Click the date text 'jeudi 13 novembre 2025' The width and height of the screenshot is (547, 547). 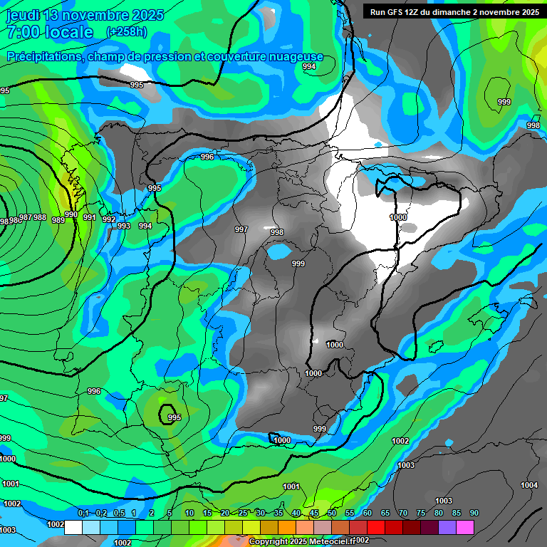[85, 15]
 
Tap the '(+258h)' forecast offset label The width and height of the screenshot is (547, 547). [126, 32]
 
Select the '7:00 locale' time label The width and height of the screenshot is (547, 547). [49, 32]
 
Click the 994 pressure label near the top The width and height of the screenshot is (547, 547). [309, 66]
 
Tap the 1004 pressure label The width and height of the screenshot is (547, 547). [529, 485]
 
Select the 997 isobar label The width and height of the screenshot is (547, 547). [241, 229]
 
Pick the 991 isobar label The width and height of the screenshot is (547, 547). [90, 217]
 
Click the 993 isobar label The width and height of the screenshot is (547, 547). [124, 226]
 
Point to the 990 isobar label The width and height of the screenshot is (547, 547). [71, 214]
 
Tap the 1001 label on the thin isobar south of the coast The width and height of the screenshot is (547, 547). [291, 486]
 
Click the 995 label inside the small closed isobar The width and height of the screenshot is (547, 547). [174, 417]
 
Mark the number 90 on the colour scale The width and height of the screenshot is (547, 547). [474, 514]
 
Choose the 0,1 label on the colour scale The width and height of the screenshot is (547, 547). [83, 514]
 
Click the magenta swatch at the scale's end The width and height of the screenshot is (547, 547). [465, 527]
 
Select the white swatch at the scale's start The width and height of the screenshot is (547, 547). [73, 527]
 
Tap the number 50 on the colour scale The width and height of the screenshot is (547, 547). [332, 514]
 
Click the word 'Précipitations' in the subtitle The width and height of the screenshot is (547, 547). [43, 57]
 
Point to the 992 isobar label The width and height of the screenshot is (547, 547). [108, 219]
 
